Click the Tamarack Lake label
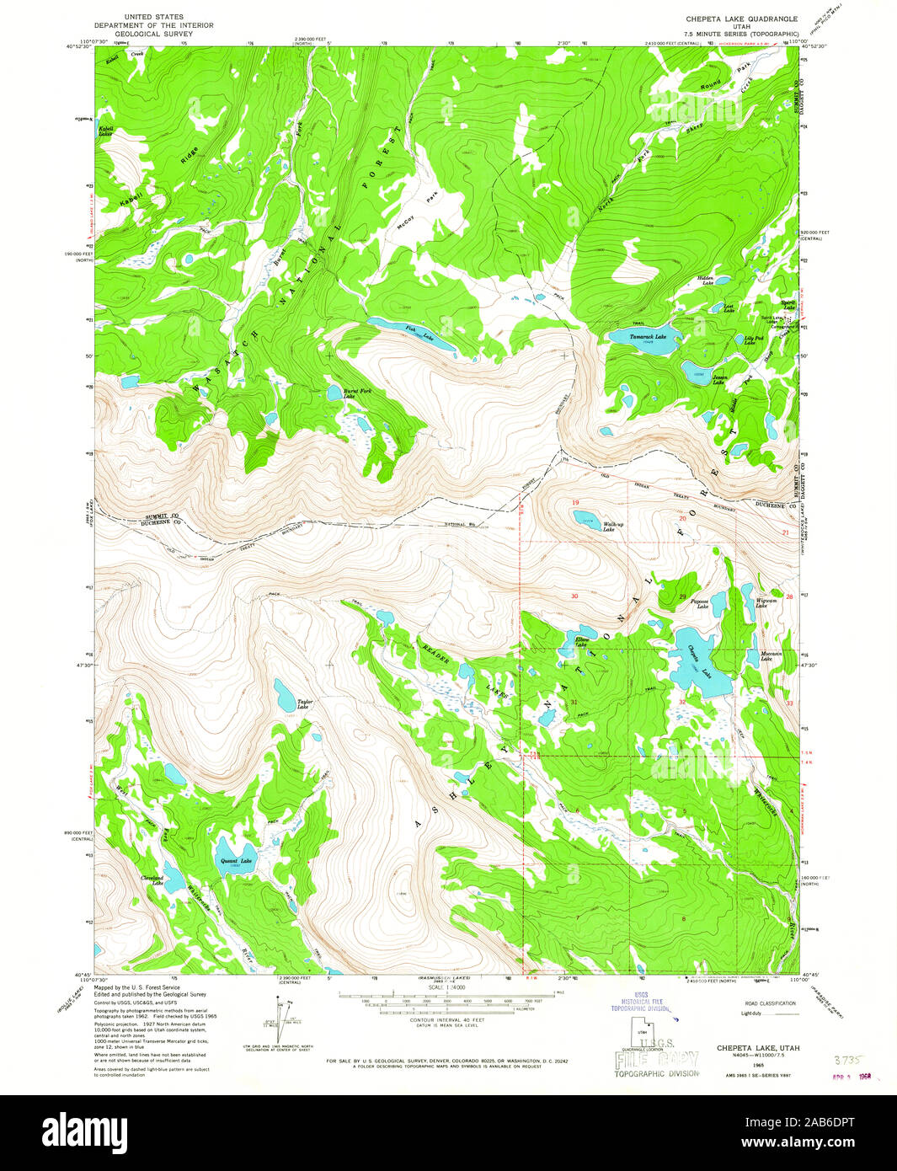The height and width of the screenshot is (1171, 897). pyautogui.click(x=643, y=336)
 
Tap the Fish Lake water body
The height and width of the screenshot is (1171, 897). pyautogui.click(x=411, y=333)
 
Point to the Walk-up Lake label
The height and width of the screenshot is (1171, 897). pyautogui.click(x=613, y=527)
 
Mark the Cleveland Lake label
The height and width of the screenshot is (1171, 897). pyautogui.click(x=152, y=881)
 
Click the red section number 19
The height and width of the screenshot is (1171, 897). pyautogui.click(x=576, y=502)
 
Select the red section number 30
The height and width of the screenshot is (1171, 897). pyautogui.click(x=574, y=596)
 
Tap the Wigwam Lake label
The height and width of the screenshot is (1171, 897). pyautogui.click(x=766, y=603)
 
